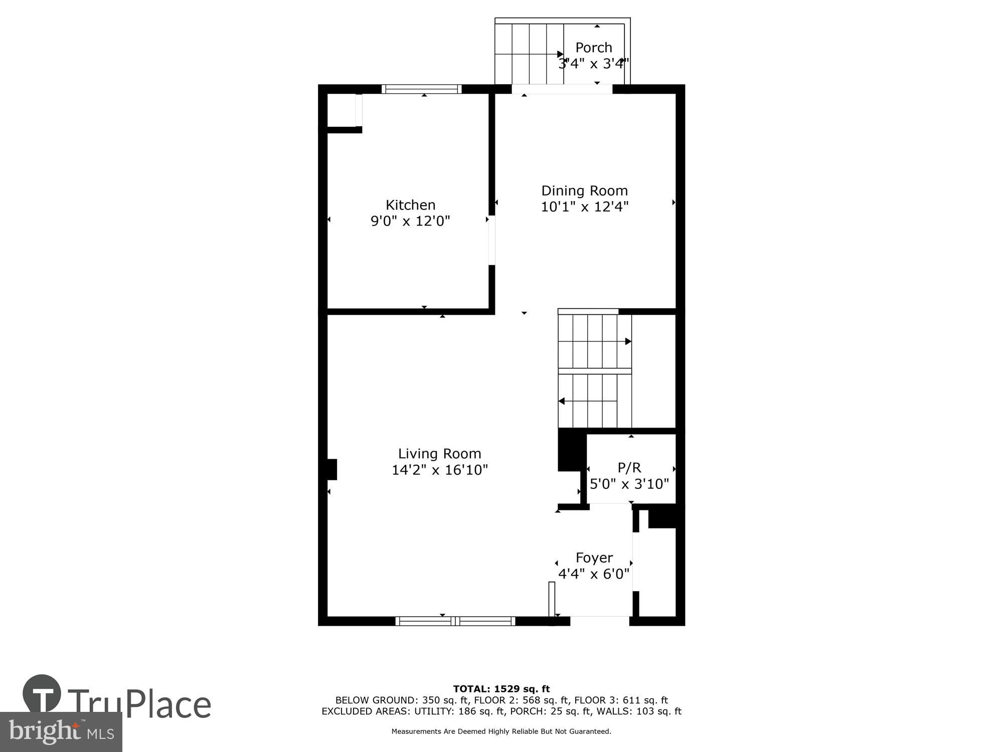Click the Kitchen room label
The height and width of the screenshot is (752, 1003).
[x=410, y=205]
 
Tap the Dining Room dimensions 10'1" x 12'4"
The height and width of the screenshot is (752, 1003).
[x=584, y=207]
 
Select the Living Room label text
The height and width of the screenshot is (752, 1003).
[x=439, y=454]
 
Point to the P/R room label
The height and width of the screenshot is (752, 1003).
[x=629, y=468]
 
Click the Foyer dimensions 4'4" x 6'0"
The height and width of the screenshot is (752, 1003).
[x=594, y=574]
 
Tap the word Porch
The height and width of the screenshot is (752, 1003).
[x=594, y=48]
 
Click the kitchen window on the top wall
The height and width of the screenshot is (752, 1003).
[x=421, y=89]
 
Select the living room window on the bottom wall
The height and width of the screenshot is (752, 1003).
[x=455, y=621]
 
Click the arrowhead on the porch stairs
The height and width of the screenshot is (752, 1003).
[x=560, y=54]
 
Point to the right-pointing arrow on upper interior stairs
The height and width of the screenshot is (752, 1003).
[x=628, y=341]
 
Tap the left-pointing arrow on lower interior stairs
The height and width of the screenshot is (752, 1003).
[x=562, y=401]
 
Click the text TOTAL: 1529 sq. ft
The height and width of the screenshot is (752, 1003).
[x=501, y=689]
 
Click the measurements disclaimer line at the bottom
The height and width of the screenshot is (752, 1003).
[x=501, y=731]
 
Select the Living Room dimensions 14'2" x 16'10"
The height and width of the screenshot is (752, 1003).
[x=439, y=470]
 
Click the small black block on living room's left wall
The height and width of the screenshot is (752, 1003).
[x=331, y=470]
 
